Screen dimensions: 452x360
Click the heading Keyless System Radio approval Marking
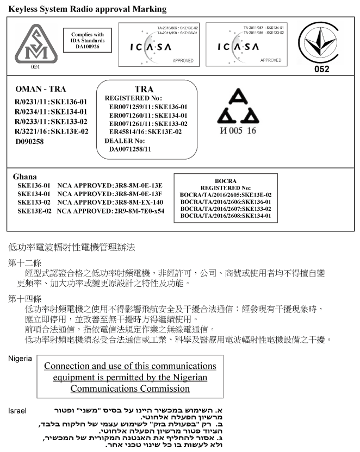[88, 9]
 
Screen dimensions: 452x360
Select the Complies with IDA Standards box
[88, 41]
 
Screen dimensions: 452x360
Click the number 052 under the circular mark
[322, 70]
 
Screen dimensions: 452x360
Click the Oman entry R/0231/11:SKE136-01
[51, 102]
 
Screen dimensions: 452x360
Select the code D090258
[29, 141]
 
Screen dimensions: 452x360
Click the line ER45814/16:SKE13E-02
[145, 131]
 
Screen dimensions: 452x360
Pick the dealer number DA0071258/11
[130, 148]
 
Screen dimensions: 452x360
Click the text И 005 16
[237, 131]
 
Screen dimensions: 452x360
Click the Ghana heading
[24, 177]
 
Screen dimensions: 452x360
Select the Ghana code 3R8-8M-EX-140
[138, 202]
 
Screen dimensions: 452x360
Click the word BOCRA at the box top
[225, 180]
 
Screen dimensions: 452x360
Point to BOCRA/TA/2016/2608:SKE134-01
[225, 216]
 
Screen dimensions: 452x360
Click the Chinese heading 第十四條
[24, 298]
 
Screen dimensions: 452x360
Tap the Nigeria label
[20, 359]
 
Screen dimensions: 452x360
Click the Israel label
[17, 411]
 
